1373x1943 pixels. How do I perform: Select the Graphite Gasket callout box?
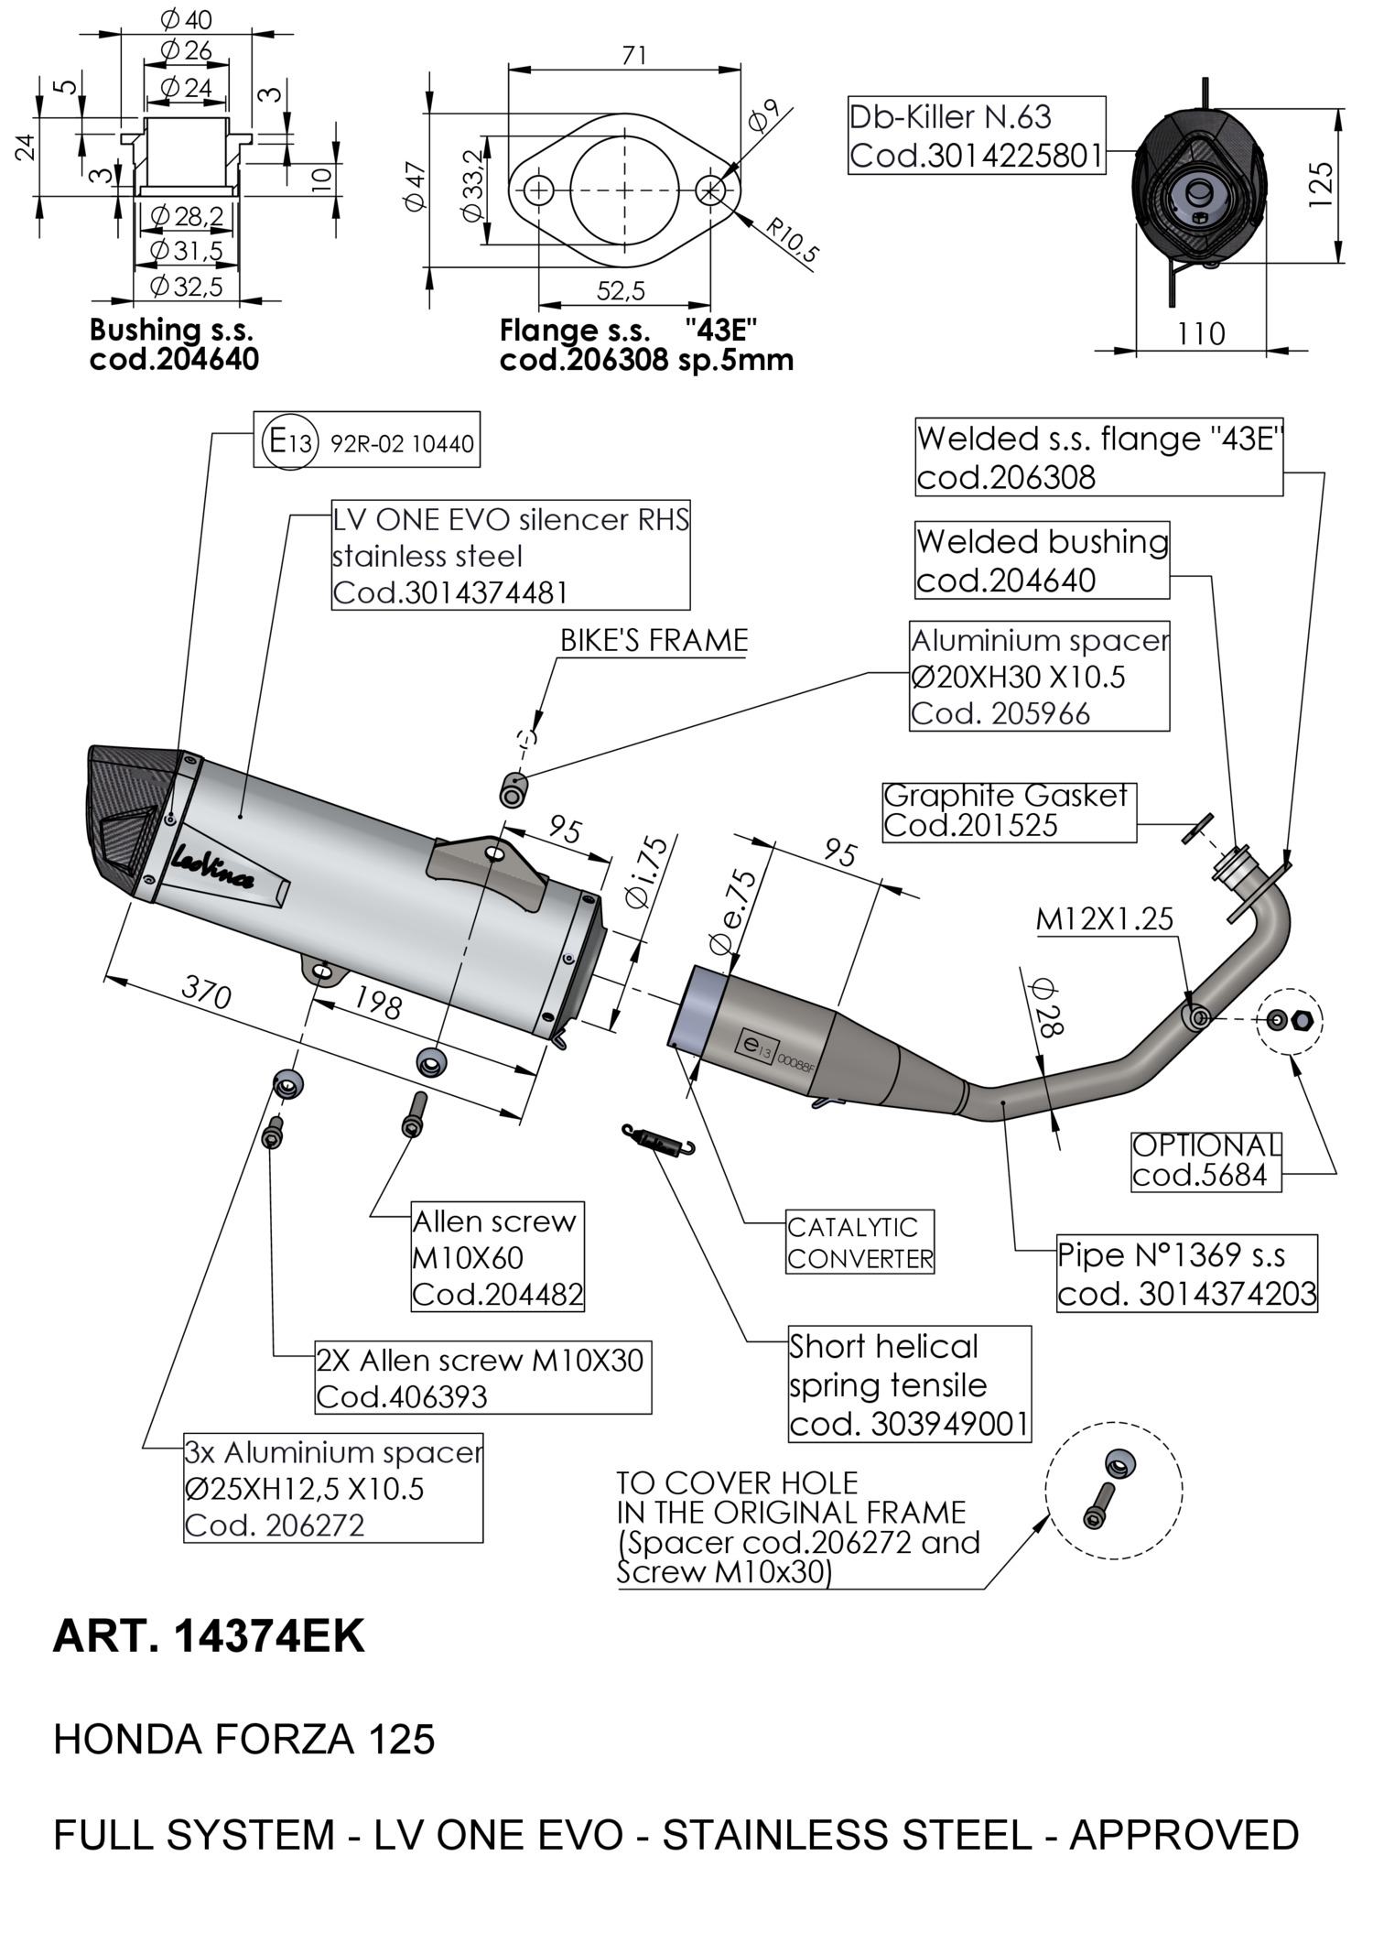[1008, 811]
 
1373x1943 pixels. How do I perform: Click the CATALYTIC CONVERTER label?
[859, 1243]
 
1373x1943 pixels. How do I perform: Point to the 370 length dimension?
[207, 991]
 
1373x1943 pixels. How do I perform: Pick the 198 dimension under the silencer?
[378, 1004]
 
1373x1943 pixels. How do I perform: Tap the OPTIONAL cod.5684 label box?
[1205, 1160]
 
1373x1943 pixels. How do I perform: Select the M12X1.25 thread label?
[1104, 918]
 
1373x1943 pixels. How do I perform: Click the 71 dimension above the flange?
[633, 56]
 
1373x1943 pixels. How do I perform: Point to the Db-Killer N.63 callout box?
[976, 136]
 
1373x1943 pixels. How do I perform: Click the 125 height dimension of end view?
[1321, 184]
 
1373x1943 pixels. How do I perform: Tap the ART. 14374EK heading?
[209, 1636]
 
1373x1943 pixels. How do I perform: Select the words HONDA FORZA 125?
[243, 1740]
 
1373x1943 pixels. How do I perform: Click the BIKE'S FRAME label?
[654, 641]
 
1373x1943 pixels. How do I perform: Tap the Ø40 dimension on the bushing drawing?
[185, 18]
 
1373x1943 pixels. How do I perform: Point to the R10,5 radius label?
[791, 240]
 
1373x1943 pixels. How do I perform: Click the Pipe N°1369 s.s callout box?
[1186, 1274]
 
